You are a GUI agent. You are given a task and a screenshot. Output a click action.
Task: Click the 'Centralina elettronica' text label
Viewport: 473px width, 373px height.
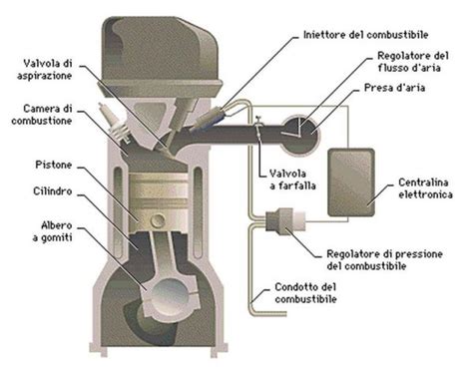click(x=416, y=188)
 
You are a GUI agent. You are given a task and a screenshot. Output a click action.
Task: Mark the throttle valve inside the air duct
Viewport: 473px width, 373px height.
click(x=257, y=127)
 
